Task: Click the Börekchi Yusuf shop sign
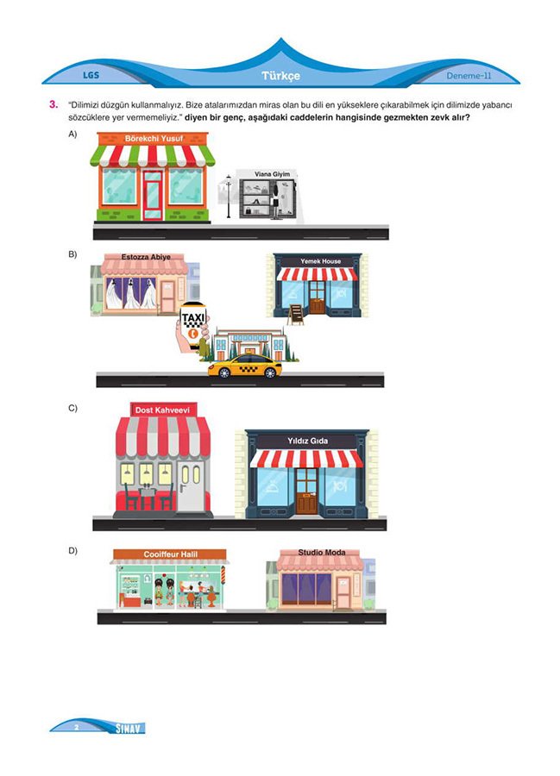point(153,139)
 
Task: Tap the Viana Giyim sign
point(273,174)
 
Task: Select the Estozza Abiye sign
point(146,257)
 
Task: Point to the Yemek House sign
point(320,261)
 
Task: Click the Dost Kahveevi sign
point(163,410)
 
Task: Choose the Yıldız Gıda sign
point(307,441)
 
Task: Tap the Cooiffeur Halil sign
point(170,554)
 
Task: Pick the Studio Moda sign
point(322,553)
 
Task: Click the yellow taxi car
point(244,366)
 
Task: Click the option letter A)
point(72,135)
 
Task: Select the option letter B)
point(72,254)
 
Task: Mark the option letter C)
point(72,409)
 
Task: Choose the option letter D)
point(72,551)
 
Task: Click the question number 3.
point(53,104)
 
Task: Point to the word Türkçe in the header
point(280,76)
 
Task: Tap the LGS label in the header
point(91,75)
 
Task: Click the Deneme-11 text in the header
point(469,76)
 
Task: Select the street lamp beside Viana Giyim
point(229,197)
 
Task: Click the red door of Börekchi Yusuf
point(153,195)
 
